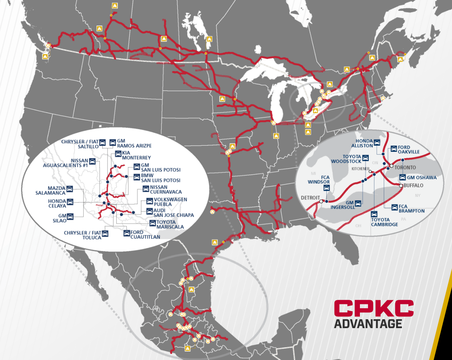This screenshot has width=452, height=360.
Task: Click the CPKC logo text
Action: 373,309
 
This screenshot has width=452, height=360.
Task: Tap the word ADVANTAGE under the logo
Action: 368,324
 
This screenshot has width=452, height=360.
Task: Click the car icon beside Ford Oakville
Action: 394,148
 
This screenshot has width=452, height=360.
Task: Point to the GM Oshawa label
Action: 422,178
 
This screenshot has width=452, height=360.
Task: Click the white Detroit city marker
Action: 321,201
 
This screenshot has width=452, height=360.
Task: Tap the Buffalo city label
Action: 414,186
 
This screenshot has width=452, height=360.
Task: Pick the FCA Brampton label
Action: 412,208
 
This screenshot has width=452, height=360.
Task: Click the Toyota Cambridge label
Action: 384,222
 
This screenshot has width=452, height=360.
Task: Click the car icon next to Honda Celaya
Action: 70,201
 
